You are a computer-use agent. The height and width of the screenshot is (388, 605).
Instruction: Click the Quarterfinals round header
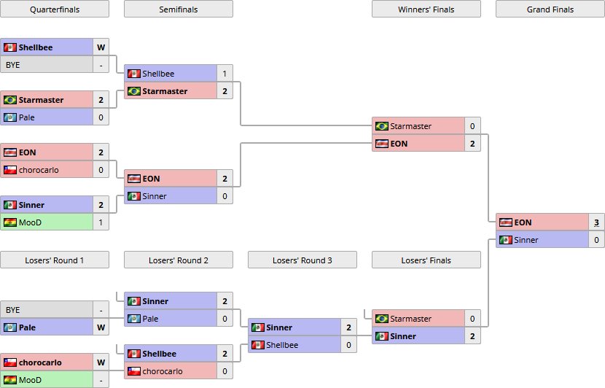point(55,9)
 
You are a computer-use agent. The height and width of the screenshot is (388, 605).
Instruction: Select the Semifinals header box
point(179,9)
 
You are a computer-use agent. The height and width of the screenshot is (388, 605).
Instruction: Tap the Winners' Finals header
point(426,9)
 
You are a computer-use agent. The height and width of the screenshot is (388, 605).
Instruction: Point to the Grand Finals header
point(550,9)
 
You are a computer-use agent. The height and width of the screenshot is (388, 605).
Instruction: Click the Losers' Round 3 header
point(302,260)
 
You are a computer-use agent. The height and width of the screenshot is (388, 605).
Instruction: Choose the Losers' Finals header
point(426,260)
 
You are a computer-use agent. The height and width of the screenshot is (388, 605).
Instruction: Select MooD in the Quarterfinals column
point(30,222)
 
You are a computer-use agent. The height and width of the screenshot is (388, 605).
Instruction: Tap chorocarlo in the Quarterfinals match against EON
point(39,170)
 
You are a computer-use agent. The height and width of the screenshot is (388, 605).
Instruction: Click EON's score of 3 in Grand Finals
point(596,222)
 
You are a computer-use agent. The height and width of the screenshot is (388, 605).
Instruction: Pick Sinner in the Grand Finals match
point(526,240)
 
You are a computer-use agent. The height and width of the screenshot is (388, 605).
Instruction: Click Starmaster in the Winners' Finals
point(410,126)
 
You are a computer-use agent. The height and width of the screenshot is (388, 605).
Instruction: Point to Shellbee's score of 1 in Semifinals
point(225,74)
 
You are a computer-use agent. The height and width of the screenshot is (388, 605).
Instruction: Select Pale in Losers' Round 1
point(27,327)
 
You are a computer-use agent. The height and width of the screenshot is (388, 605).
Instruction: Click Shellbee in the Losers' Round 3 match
point(281,345)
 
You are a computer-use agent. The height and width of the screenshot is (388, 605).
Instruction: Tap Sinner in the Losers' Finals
point(403,336)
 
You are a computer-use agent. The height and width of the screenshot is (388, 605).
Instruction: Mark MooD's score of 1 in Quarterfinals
point(101,222)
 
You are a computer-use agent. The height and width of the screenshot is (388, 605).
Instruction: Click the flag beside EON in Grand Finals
point(505,222)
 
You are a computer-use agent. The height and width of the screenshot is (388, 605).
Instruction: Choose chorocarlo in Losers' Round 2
point(163,371)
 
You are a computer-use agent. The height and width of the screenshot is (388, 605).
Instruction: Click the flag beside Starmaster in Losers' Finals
point(381,319)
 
